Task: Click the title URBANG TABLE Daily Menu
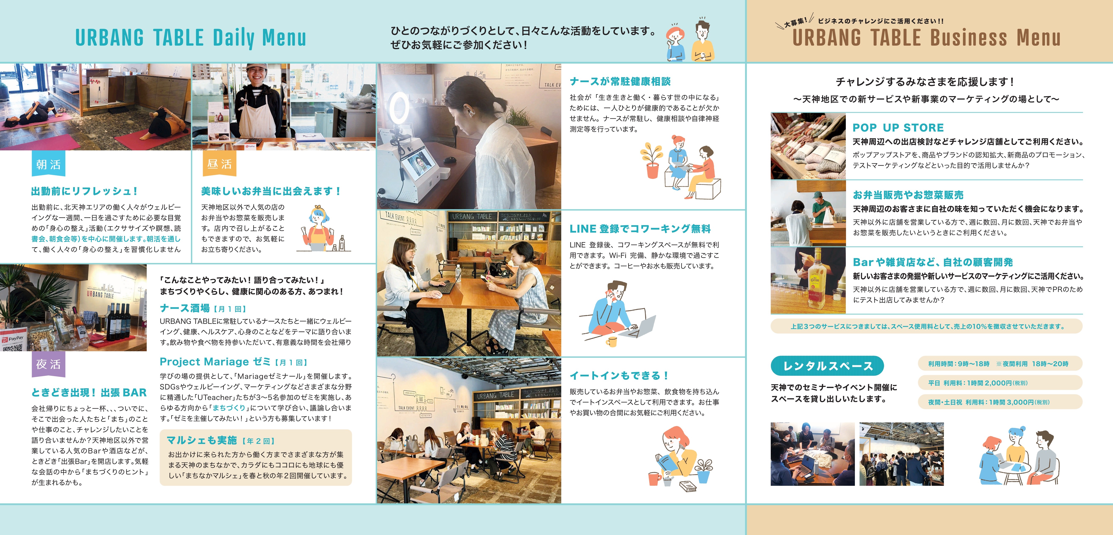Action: point(190,38)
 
